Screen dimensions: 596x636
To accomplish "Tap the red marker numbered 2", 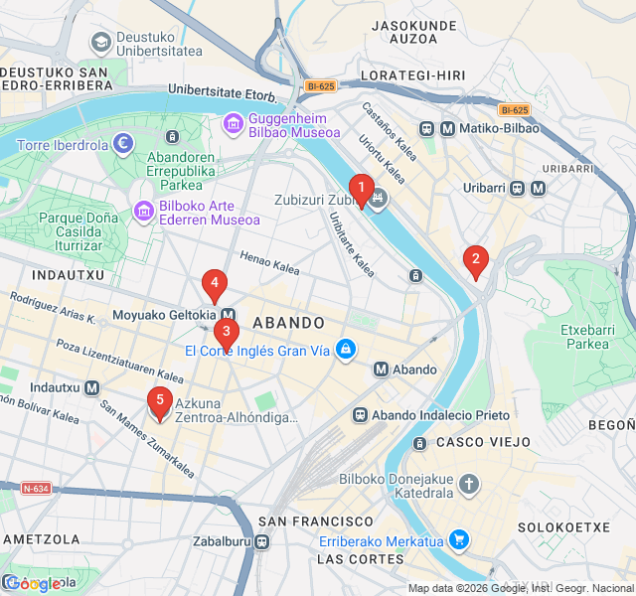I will click(x=476, y=262).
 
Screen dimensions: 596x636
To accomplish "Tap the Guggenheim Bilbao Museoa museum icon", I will click(x=234, y=123).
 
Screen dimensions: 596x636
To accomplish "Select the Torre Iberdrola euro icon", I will click(x=123, y=144).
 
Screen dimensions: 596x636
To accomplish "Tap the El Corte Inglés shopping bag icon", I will click(x=345, y=350).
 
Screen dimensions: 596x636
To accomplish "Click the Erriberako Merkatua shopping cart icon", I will click(x=459, y=540).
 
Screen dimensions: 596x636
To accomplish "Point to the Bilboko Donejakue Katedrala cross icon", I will click(x=468, y=485).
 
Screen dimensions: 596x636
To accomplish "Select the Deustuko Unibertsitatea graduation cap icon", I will click(x=100, y=42).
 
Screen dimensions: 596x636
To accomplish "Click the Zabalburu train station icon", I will click(x=261, y=542).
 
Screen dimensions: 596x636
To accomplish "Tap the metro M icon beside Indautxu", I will click(x=92, y=387).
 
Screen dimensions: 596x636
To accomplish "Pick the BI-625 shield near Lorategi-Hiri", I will click(x=320, y=85).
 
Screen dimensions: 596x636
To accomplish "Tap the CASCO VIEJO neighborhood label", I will click(x=474, y=441).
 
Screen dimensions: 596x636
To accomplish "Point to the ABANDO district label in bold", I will click(x=288, y=323).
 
